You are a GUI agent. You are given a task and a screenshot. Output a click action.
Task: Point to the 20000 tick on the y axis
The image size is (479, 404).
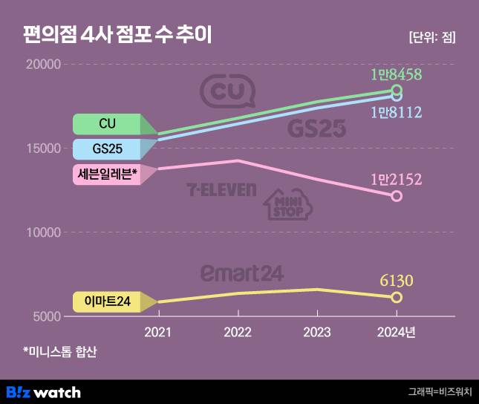pos(42,65)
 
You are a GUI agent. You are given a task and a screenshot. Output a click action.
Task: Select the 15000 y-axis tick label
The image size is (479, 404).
pos(42,149)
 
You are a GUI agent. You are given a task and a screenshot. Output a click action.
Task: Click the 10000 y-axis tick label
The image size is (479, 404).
pos(42,232)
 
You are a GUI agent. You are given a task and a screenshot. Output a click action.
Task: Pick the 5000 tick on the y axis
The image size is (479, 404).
pos(45,316)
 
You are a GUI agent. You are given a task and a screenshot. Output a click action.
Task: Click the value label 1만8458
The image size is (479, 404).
pos(397,74)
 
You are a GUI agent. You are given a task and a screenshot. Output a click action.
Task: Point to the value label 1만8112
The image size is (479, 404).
pos(397,112)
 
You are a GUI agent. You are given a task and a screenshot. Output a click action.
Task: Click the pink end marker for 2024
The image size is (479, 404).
pos(397,196)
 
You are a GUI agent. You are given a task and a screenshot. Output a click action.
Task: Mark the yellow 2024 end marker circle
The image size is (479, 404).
pos(397,297)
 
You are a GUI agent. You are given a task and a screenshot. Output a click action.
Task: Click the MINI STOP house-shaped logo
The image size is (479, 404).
pos(284,206)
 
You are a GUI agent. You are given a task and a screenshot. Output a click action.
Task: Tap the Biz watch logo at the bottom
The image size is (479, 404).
pos(43,391)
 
